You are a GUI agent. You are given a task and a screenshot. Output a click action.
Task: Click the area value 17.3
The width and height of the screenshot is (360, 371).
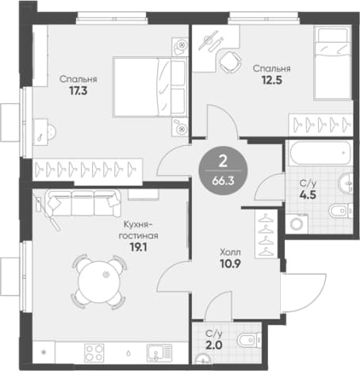coord(79,91)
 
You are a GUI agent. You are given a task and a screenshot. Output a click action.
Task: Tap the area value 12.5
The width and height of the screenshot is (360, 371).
coord(272,80)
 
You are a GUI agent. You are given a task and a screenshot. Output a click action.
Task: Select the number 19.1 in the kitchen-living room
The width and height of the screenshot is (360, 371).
coord(139,247)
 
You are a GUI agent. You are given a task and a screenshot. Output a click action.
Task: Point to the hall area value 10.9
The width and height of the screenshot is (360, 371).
coord(230,264)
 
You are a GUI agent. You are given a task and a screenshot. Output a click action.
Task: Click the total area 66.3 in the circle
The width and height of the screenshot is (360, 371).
coord(223,181)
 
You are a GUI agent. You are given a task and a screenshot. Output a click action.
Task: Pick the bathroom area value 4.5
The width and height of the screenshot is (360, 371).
coord(308,195)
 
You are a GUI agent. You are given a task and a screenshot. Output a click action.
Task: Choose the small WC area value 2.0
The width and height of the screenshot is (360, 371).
coord(213,345)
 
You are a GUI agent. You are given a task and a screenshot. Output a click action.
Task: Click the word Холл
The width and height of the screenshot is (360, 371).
coord(230,252)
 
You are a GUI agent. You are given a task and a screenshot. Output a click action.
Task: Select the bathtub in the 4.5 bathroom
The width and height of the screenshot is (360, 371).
coord(320,153)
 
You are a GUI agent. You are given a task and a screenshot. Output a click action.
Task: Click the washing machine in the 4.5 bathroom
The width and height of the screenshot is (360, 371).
coord(297,224)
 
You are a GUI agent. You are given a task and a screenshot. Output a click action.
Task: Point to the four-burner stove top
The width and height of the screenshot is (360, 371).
coord(94,353)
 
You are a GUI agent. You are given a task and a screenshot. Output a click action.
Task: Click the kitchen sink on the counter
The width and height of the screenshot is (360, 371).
coord(159,353)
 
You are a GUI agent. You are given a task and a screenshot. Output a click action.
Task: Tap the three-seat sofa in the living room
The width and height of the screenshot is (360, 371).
coord(82,203)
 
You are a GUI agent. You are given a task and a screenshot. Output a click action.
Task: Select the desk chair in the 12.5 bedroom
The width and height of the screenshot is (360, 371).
coord(230,62)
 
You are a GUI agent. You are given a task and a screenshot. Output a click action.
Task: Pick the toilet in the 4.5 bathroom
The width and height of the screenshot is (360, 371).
coord(341,211)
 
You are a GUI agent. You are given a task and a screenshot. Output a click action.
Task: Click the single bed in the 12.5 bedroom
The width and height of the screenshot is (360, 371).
coord(332,63)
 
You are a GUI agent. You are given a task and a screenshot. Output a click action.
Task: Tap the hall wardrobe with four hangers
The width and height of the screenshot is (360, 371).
coord(266,234)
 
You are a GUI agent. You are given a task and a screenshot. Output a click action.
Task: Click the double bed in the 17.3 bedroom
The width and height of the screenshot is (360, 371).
coord(150,87)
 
